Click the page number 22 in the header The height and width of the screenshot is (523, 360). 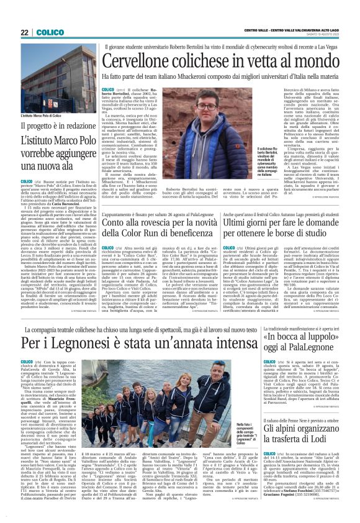(25, 32)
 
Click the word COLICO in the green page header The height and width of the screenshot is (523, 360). (47, 32)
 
